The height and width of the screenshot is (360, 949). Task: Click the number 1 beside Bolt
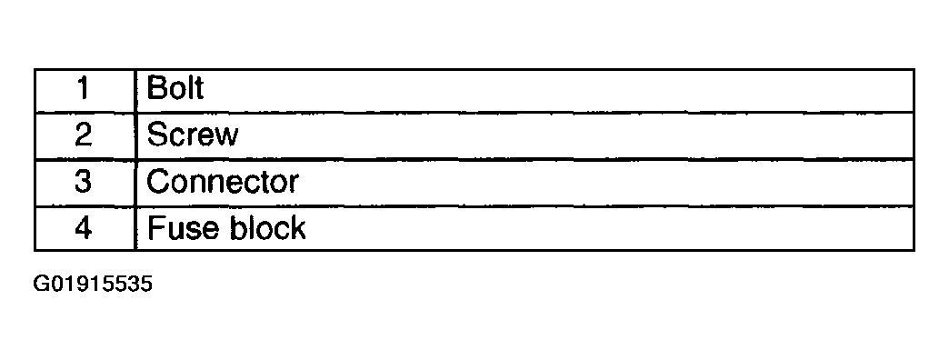click(x=84, y=89)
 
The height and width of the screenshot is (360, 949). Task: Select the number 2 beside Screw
click(x=84, y=135)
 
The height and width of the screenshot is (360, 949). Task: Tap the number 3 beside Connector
click(x=84, y=182)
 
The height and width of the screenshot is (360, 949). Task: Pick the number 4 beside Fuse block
click(x=84, y=228)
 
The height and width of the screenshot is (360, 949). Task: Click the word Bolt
click(x=175, y=89)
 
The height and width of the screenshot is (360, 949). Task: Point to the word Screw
click(x=193, y=135)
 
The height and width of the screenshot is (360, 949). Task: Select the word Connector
click(x=223, y=182)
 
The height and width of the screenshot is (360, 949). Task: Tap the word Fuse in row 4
click(x=175, y=228)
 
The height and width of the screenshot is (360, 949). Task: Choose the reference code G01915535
click(x=93, y=285)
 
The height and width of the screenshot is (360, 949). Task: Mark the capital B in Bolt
click(x=156, y=89)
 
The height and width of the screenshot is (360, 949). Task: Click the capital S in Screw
click(x=156, y=135)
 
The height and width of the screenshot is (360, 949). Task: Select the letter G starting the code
click(x=41, y=285)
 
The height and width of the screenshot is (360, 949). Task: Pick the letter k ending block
click(x=298, y=228)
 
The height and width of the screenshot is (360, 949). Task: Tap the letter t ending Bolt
click(x=198, y=89)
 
